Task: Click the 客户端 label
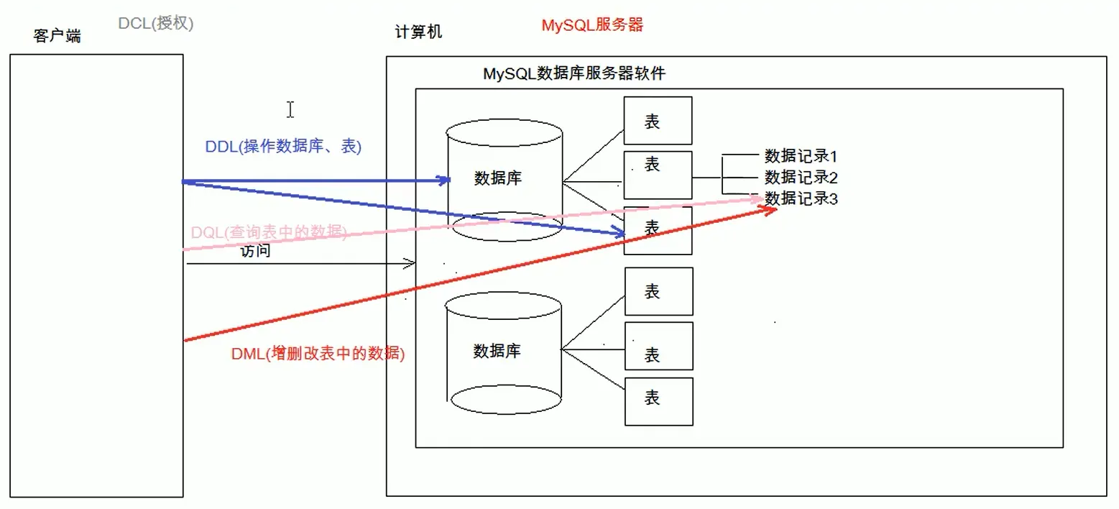coord(57,36)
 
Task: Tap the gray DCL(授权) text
coord(156,23)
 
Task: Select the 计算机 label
coord(418,32)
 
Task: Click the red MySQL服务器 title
coord(592,25)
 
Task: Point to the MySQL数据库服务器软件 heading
coord(574,73)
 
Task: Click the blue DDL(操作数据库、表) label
coord(283,147)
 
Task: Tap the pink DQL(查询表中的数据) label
coord(269,232)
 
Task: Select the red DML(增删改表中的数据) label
coord(318,354)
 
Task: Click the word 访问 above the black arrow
coord(255,252)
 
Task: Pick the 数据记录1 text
coord(801,156)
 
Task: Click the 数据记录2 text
coord(801,177)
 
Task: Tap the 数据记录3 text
coord(801,198)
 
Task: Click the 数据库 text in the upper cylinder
coord(497,179)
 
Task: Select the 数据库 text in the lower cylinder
coord(497,352)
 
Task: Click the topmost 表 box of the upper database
coord(658,121)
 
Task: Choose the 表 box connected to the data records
coord(658,175)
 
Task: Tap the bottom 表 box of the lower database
coord(659,401)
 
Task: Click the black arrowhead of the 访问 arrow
coord(412,264)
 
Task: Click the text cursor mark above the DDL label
coord(290,109)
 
